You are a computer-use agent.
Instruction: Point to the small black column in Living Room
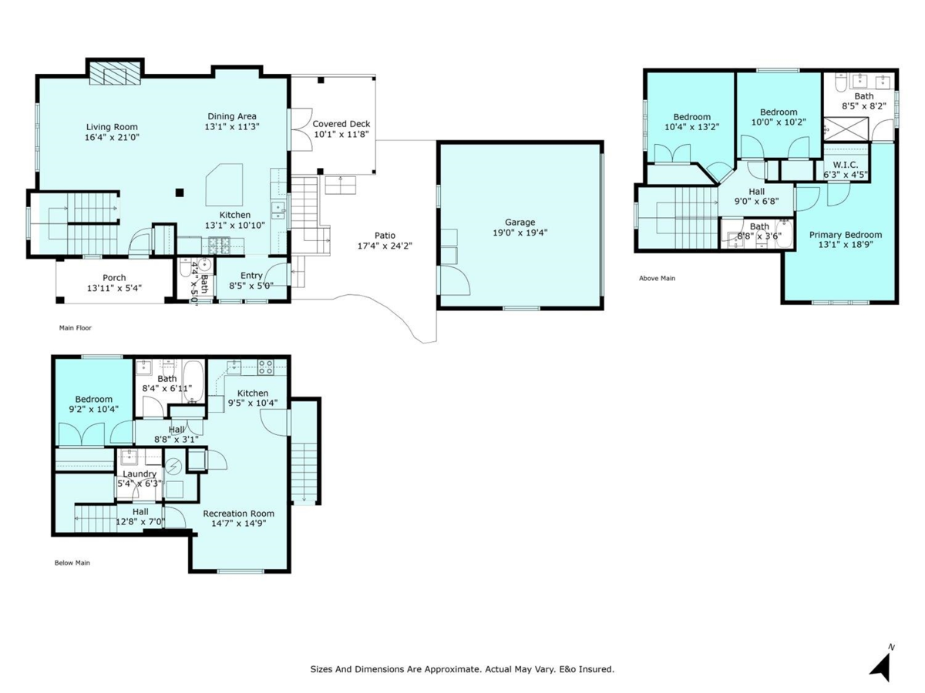click(x=179, y=192)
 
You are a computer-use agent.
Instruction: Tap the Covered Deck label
click(x=341, y=123)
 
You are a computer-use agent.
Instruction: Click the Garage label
click(x=520, y=222)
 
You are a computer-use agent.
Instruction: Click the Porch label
click(x=114, y=278)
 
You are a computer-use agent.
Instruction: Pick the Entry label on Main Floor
click(x=251, y=276)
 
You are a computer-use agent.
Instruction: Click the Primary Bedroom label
click(x=845, y=235)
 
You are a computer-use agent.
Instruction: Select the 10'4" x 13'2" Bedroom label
click(x=691, y=117)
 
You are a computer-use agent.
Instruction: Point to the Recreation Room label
click(x=238, y=514)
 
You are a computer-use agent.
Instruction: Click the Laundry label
click(x=140, y=474)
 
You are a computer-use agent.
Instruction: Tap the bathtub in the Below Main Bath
click(x=194, y=381)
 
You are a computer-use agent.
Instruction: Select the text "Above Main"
click(x=657, y=278)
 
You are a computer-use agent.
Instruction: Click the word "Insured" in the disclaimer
click(x=597, y=670)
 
